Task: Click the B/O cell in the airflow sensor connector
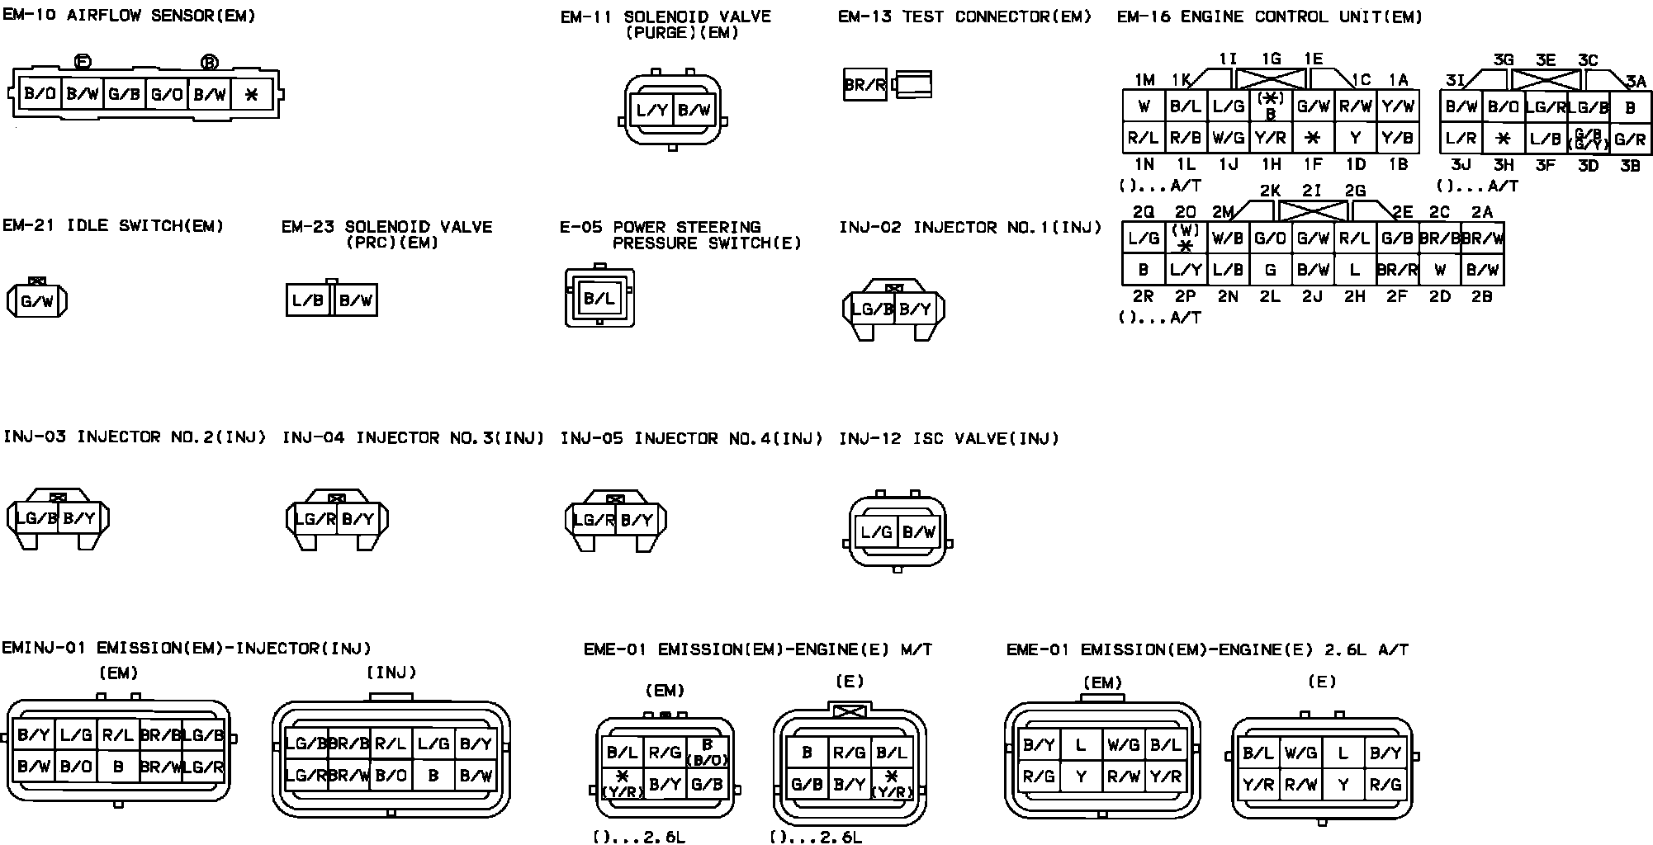coord(40,94)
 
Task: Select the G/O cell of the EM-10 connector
coord(167,94)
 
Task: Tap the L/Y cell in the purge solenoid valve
coord(652,111)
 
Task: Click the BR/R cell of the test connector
coord(864,84)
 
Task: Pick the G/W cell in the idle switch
coord(36,301)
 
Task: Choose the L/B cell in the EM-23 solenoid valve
coord(307,300)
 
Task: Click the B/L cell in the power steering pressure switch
coord(599,299)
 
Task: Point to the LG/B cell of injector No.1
coord(872,309)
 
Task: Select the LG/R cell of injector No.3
coord(315,519)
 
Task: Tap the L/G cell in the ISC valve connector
coord(876,532)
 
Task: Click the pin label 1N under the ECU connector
coord(1144,164)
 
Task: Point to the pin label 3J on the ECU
coord(1461,165)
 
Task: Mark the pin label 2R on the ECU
coord(1144,296)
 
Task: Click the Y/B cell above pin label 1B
coord(1397,138)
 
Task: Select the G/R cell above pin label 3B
coord(1630,139)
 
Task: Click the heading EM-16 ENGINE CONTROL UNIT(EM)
coord(1269,17)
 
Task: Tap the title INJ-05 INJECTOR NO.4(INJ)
coord(691,438)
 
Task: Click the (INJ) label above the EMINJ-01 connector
coord(391,673)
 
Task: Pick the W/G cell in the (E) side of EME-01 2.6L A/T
coord(1300,753)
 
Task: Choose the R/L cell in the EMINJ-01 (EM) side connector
coord(118,734)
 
